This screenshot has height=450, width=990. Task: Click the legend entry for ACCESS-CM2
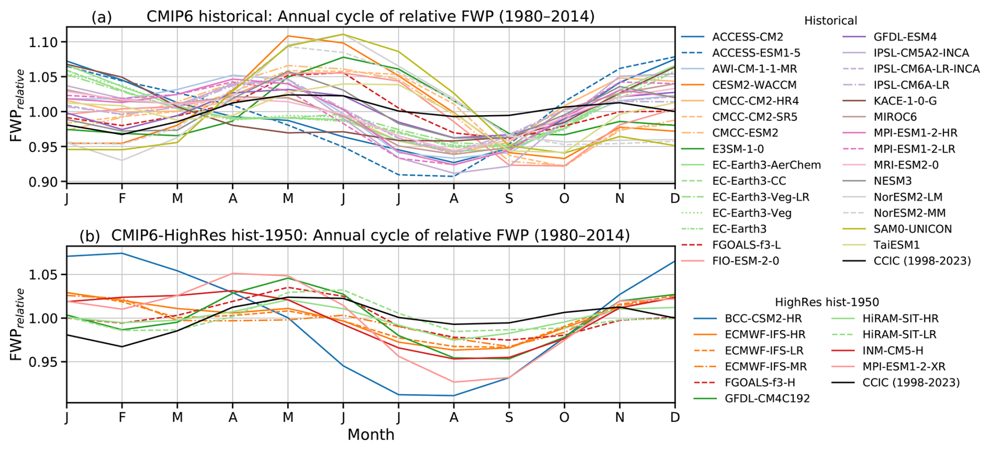tap(747, 37)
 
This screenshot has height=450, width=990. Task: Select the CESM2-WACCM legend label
tap(754, 85)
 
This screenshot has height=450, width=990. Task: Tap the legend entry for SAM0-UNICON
tap(913, 229)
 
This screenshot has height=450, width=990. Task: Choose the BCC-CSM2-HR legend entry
tap(763, 319)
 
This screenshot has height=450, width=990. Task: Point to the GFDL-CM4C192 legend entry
tap(767, 399)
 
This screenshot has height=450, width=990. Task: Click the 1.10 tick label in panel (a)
tap(44, 42)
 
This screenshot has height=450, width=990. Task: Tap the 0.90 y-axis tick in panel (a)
tap(44, 182)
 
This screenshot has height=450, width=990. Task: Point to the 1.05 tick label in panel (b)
tap(44, 275)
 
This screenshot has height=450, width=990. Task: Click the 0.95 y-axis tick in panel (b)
tap(44, 362)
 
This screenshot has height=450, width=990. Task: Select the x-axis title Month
tap(370, 435)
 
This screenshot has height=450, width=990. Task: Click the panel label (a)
tap(102, 17)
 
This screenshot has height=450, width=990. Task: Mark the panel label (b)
tap(89, 236)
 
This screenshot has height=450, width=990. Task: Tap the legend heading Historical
tap(830, 21)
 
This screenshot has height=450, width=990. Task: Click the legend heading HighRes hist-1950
tap(827, 302)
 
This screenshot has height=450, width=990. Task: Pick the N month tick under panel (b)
tap(620, 418)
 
